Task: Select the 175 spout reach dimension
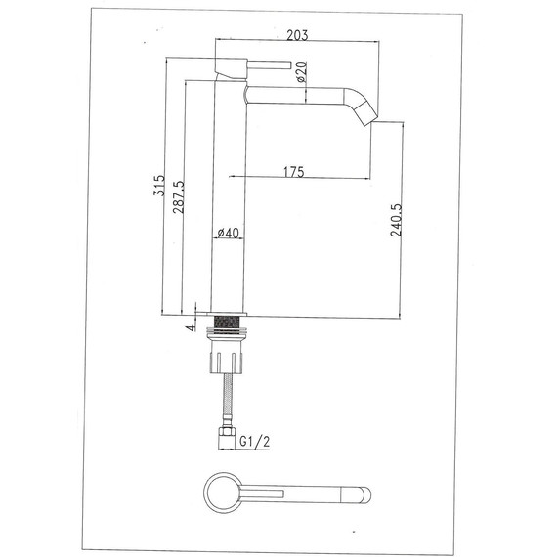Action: pos(293,172)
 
